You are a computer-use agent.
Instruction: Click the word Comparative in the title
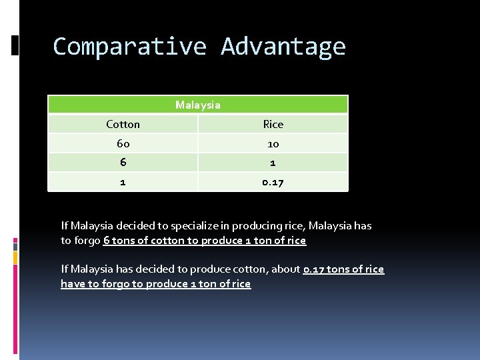coord(130,47)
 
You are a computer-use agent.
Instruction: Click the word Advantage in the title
coord(283,47)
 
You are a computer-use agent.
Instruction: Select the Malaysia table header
coord(198,105)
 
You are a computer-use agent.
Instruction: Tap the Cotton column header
coord(123,124)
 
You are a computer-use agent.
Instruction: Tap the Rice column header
coord(273,124)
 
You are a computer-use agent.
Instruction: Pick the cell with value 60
coord(123,143)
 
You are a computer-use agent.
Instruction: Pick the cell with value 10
coord(273,143)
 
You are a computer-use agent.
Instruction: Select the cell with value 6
coord(123,163)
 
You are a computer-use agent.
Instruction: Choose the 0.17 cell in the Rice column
coord(273,182)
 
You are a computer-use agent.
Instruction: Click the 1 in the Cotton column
coord(123,182)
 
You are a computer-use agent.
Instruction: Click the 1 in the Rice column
coord(273,163)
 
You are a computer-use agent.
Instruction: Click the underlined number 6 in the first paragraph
coord(107,241)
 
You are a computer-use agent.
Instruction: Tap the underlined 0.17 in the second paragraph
coord(314,269)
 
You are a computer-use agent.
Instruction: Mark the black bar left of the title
coord(15,45)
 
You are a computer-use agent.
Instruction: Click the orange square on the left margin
coord(15,255)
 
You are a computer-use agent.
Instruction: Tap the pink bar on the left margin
coord(15,244)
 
